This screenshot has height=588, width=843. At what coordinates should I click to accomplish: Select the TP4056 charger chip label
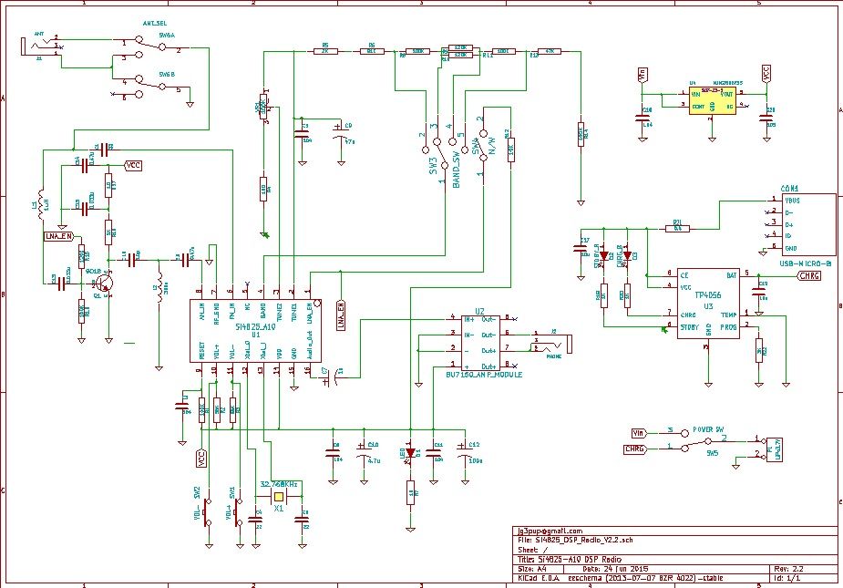coord(708,295)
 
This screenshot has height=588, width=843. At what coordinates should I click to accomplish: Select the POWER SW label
coord(706,428)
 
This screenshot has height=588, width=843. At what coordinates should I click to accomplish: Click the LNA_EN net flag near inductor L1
coord(57,236)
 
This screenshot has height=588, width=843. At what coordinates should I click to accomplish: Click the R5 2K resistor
coord(325,51)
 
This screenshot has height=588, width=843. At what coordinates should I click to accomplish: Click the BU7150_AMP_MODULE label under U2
coord(483,374)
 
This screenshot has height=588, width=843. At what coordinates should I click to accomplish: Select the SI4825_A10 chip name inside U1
coord(254,325)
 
